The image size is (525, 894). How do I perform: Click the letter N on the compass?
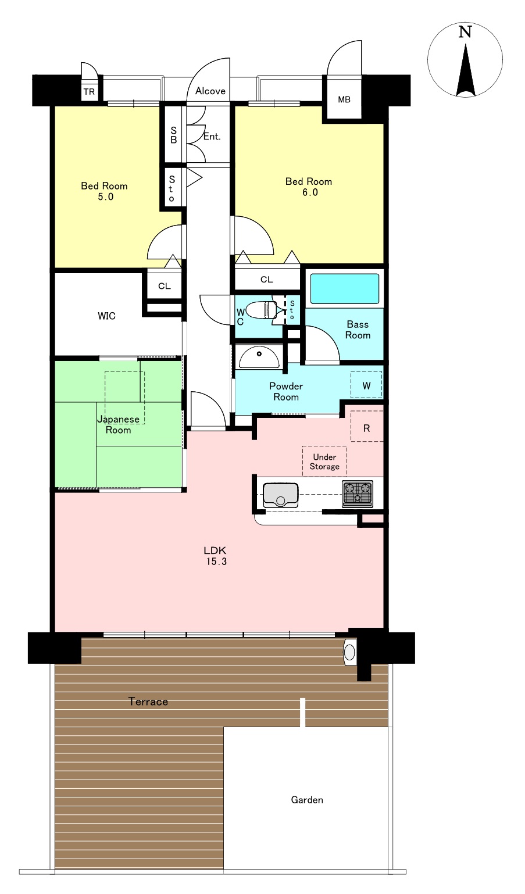[x=465, y=32]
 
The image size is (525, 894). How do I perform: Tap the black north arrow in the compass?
[x=466, y=72]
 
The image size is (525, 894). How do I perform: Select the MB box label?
[x=344, y=99]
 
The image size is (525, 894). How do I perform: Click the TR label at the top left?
[x=89, y=92]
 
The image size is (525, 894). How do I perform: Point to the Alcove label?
[x=210, y=91]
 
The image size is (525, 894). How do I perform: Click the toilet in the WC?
[x=263, y=310]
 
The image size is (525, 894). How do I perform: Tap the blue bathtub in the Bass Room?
[x=345, y=288]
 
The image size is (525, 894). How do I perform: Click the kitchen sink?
[x=280, y=495]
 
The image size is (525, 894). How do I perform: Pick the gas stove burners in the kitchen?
[x=358, y=494]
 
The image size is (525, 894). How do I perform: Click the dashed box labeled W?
[x=366, y=385]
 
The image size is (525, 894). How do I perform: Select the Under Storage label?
[x=324, y=462]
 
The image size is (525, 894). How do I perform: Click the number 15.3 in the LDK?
[x=216, y=562]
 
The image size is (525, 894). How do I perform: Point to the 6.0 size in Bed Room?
[x=310, y=192]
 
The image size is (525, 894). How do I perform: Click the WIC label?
[x=106, y=316]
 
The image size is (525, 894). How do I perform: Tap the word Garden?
[x=307, y=800]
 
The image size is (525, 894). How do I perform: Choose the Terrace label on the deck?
[x=148, y=702]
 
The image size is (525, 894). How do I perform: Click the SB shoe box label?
[x=174, y=135]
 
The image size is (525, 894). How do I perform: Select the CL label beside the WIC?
[x=164, y=286]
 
